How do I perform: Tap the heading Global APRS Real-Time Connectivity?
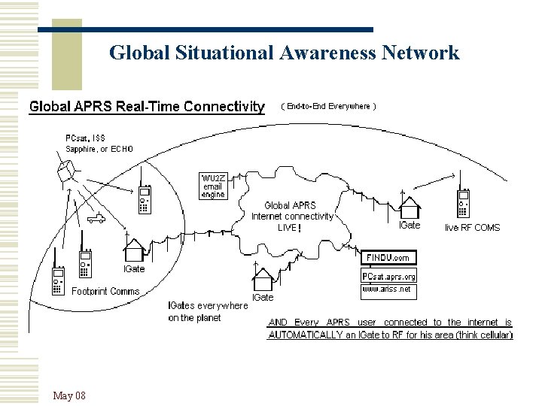147,107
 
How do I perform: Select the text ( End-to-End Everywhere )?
328,107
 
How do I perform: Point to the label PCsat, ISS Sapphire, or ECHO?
99,144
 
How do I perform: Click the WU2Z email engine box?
213,186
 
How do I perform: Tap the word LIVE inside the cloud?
287,227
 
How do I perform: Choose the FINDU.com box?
388,258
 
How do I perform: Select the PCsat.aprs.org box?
388,276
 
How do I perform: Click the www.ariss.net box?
387,289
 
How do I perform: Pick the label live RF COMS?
472,227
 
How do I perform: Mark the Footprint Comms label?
105,291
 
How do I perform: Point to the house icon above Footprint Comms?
134,248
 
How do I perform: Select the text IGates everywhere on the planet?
207,312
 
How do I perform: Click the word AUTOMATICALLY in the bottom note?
306,335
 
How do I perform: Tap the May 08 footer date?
69,395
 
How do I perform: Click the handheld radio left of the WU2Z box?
145,199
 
